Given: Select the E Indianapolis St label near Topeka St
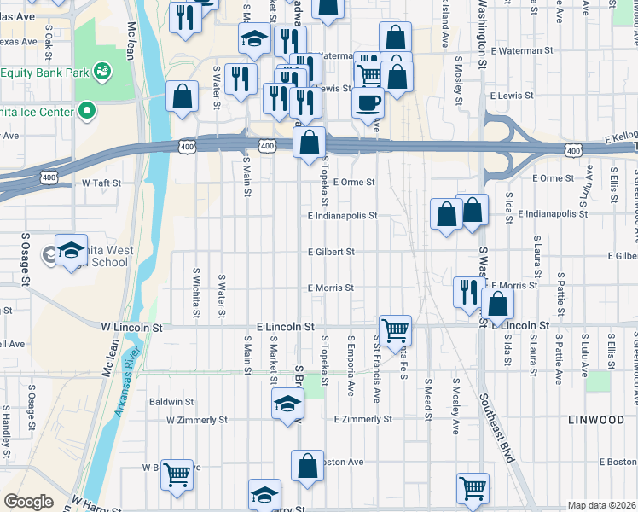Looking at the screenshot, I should (342, 216).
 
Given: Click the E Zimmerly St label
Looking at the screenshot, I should (362, 419).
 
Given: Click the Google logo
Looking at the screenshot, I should (28, 502).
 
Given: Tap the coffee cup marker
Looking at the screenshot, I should (368, 103).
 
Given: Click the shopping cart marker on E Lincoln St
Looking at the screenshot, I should (395, 329).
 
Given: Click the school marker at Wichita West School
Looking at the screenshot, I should (72, 249).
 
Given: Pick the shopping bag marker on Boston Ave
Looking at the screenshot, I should (308, 467).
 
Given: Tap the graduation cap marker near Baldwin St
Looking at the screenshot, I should (287, 404).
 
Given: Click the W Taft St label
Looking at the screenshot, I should (101, 183).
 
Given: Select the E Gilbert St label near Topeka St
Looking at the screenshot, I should (331, 252).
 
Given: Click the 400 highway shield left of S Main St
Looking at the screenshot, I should (186, 148).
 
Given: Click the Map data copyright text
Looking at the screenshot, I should (601, 505).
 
